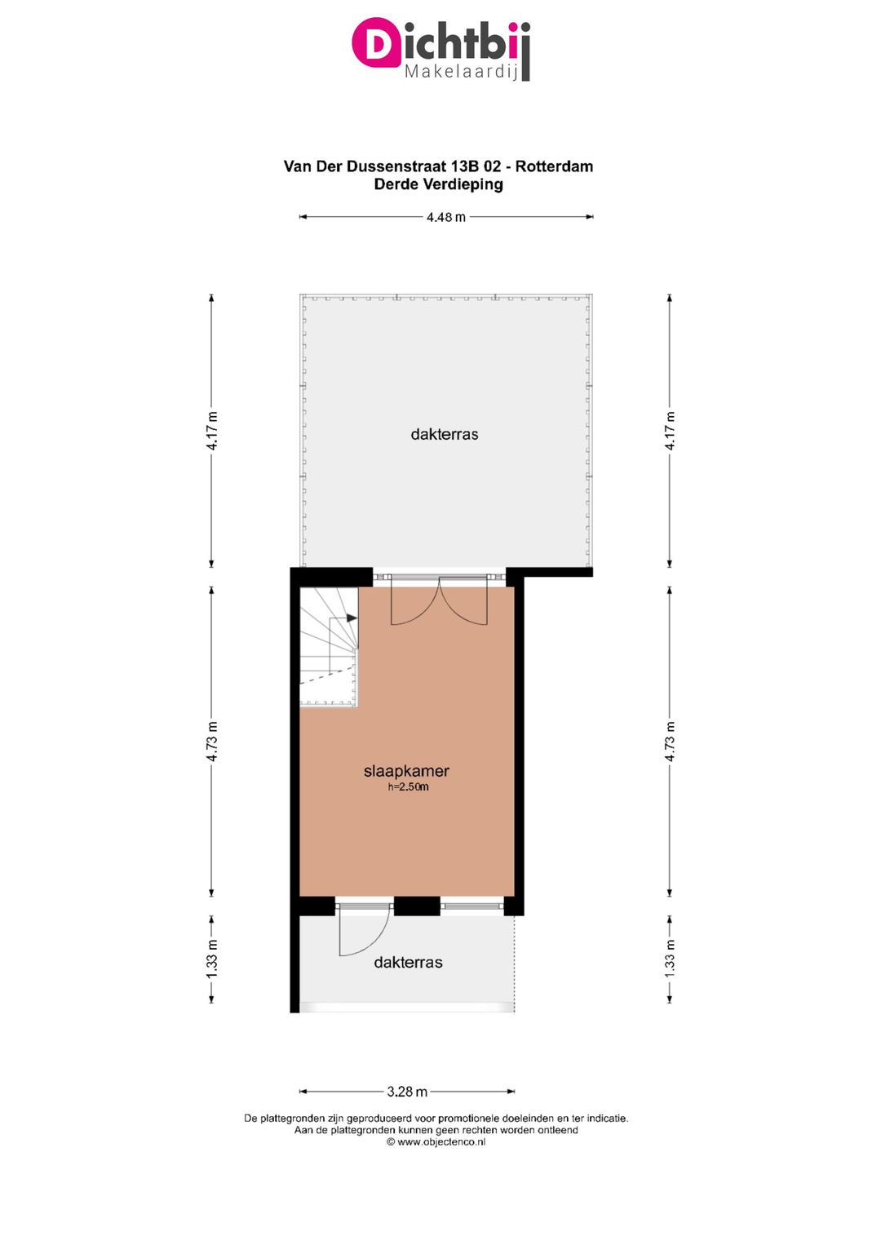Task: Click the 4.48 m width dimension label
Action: point(445,217)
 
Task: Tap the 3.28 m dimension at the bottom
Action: point(407,1092)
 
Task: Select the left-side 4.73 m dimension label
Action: point(212,742)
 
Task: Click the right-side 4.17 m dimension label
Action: point(670,431)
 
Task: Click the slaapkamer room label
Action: point(406,771)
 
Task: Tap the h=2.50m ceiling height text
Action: point(408,787)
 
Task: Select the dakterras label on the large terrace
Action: point(445,434)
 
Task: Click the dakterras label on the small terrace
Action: point(408,963)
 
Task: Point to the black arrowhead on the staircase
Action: point(352,618)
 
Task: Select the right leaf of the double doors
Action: point(465,602)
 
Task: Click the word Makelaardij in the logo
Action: point(461,72)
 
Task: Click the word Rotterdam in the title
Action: point(554,166)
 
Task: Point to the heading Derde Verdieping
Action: point(438,184)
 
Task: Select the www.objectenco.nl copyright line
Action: point(436,1142)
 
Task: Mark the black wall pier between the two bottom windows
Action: point(417,906)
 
